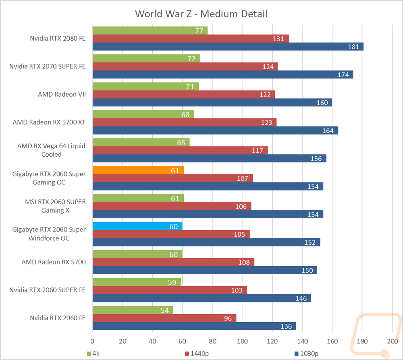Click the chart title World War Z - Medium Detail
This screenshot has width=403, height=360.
pos(201,14)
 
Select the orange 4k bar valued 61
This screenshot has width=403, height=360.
pos(138,170)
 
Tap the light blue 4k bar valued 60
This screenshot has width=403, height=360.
pos(137,226)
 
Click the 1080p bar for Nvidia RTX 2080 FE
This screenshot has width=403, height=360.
pos(228,46)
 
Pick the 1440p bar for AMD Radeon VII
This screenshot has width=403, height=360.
pos(184,94)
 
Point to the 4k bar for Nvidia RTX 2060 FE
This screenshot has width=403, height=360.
pos(133,310)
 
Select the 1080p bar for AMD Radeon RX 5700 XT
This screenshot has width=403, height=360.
pos(215,130)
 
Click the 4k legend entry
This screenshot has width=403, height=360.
pos(93,354)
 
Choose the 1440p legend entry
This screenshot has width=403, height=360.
pos(197,354)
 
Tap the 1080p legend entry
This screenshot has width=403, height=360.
pos(306,354)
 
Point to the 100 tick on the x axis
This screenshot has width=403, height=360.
pos(242,341)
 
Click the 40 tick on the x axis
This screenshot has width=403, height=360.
pos(152,341)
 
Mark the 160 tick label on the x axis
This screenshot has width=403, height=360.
pos(332,341)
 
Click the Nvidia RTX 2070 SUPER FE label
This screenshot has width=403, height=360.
pos(47,66)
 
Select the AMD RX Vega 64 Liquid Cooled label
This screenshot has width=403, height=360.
pos(51,150)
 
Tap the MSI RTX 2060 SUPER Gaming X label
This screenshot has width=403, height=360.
pos(55,206)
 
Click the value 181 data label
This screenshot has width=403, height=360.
pos(353,47)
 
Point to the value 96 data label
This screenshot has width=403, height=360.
pos(228,319)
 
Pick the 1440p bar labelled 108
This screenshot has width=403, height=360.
pos(173,262)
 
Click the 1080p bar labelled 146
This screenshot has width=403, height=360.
pos(202,298)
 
